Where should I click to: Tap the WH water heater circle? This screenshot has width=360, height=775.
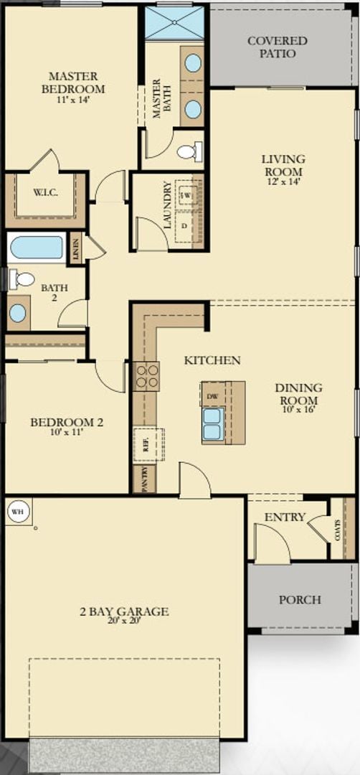point(16,512)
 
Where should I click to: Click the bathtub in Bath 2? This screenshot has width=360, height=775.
point(36,248)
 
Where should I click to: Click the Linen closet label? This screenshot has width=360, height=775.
point(75,248)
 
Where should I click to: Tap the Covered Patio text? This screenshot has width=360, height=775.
point(277,47)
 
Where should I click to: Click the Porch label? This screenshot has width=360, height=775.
point(300,599)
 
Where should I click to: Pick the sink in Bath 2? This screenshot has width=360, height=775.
point(18,314)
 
